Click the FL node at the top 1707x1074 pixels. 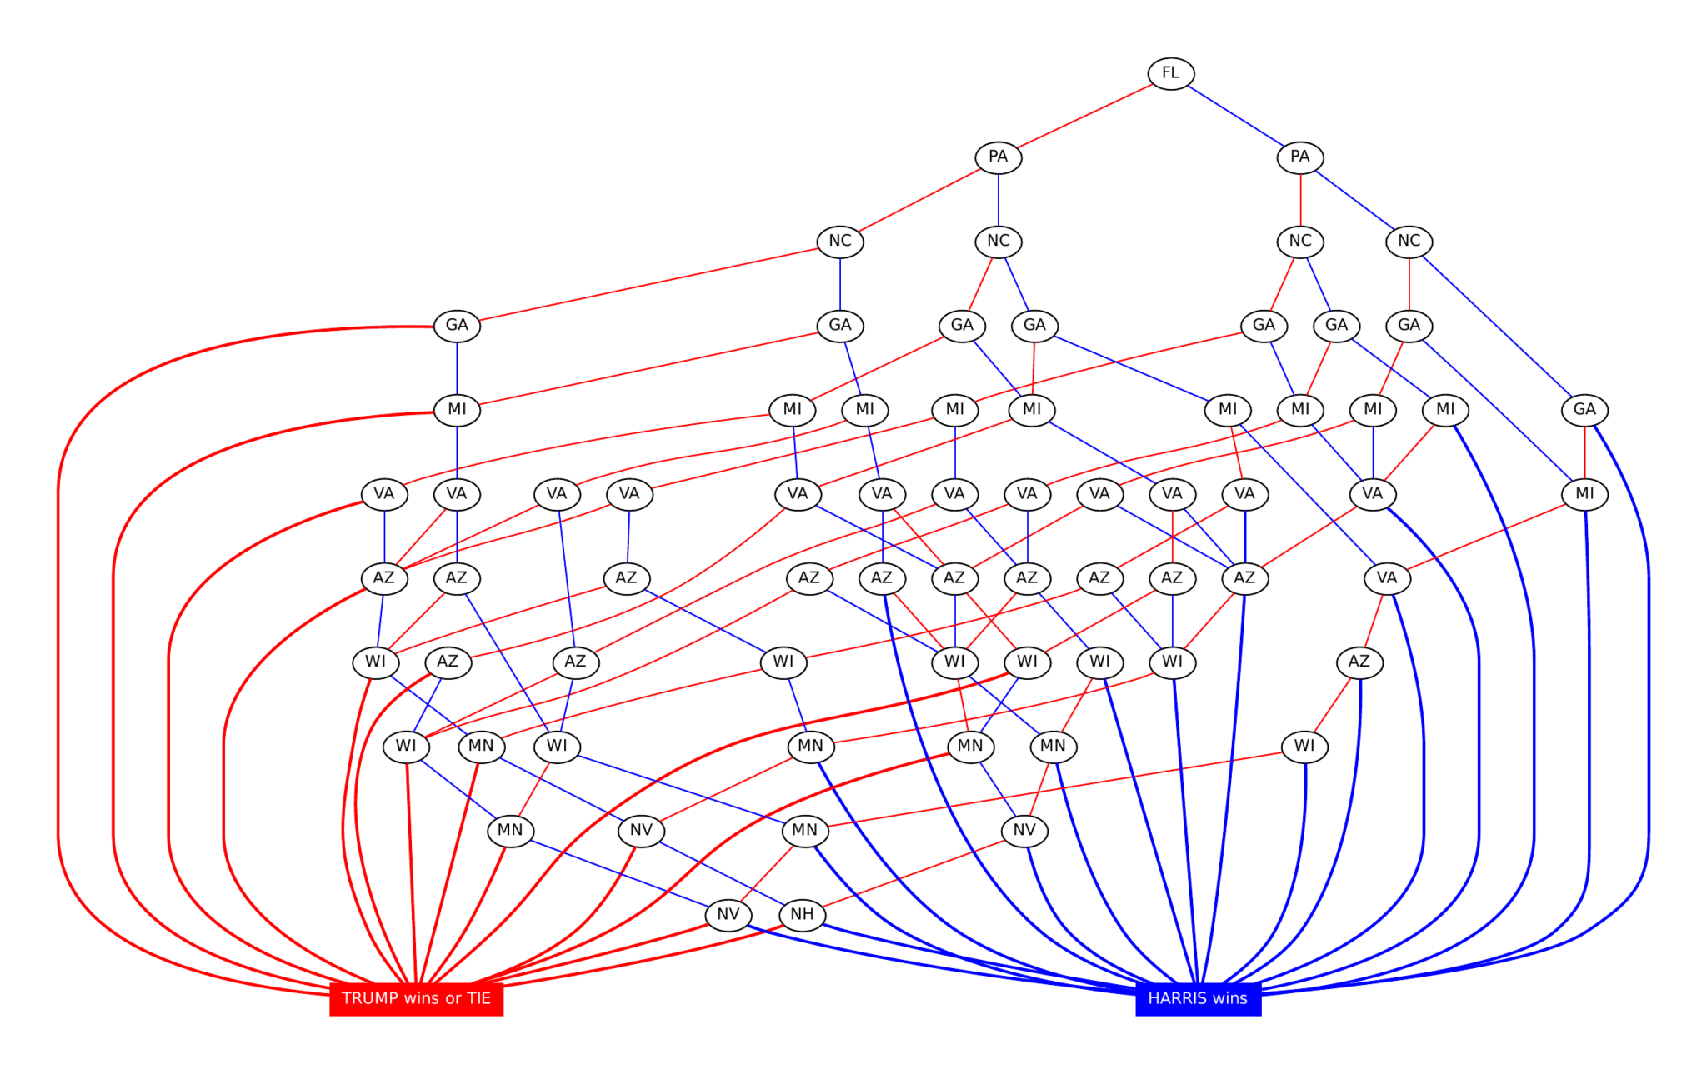point(1170,73)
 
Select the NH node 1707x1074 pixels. point(802,914)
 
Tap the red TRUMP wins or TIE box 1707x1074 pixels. point(416,998)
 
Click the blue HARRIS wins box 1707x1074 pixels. point(1198,998)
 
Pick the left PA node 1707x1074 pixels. point(998,157)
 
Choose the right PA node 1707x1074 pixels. point(1299,157)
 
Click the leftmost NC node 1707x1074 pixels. point(839,241)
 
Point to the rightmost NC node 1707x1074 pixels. point(1409,241)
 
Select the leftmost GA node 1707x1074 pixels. point(457,325)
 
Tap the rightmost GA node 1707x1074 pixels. point(1584,409)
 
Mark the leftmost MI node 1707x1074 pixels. point(457,409)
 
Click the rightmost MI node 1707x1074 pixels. point(1584,493)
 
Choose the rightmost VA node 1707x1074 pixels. point(1386,577)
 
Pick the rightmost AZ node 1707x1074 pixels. point(1359,662)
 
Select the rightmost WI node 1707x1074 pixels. point(1304,746)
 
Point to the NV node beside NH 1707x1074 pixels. point(728,914)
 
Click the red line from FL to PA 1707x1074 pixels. point(1084,115)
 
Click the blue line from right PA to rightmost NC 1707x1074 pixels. point(1354,199)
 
